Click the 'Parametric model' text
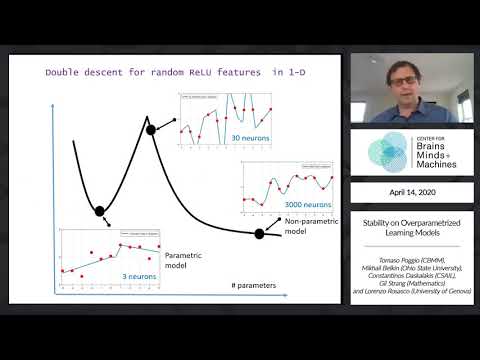point(184,260)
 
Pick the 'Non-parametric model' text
point(307,225)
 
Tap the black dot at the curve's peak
point(151,129)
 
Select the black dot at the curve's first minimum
point(99,209)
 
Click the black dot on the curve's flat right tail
point(260,233)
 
